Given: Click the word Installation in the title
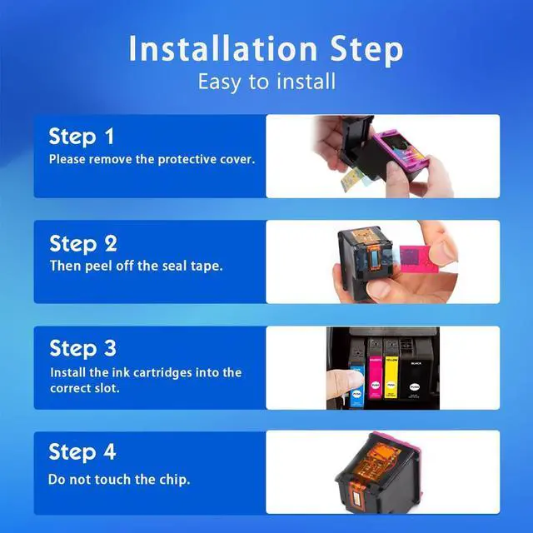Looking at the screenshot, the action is click(223, 48).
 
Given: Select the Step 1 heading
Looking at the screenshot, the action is click(82, 137).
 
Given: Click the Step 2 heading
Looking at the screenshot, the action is click(83, 244).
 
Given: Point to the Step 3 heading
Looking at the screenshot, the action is click(83, 349).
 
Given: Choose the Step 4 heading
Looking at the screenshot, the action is click(82, 452).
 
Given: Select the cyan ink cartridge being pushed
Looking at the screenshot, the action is click(357, 386).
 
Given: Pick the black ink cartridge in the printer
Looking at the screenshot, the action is click(416, 379).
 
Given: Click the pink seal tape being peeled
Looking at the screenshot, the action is click(418, 259).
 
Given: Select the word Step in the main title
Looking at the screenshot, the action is click(366, 50).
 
